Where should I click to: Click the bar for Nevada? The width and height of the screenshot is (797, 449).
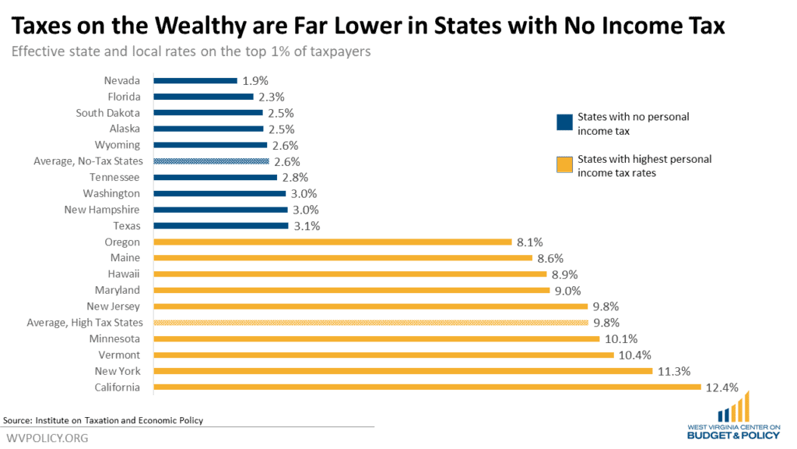coord(195,80)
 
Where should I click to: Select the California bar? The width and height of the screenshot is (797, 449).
coord(427,387)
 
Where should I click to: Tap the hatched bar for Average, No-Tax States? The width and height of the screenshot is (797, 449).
coord(212,161)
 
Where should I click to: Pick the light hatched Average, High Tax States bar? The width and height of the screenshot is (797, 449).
coord(370,323)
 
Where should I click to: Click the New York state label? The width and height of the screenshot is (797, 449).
coord(118,371)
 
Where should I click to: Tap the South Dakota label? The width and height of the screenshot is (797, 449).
coord(108,113)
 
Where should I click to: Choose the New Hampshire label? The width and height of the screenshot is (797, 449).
coord(103,210)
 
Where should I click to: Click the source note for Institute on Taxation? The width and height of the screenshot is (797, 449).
coord(104,420)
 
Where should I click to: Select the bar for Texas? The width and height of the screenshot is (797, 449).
coord(221,226)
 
